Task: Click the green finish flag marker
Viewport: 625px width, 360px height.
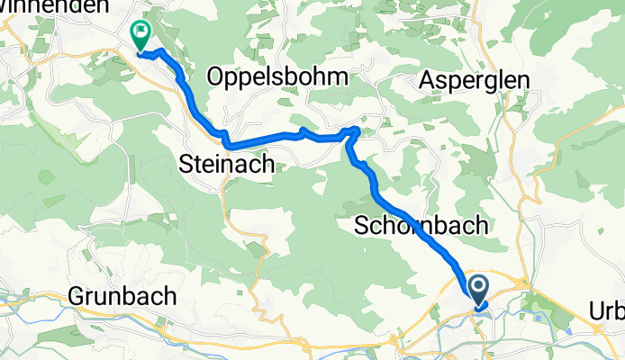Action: click(141, 36)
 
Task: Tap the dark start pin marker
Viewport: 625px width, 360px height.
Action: click(478, 292)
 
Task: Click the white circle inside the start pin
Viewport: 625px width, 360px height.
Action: click(478, 288)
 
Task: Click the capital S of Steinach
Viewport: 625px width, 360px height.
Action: click(186, 163)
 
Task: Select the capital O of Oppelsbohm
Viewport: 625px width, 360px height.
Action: click(216, 77)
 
